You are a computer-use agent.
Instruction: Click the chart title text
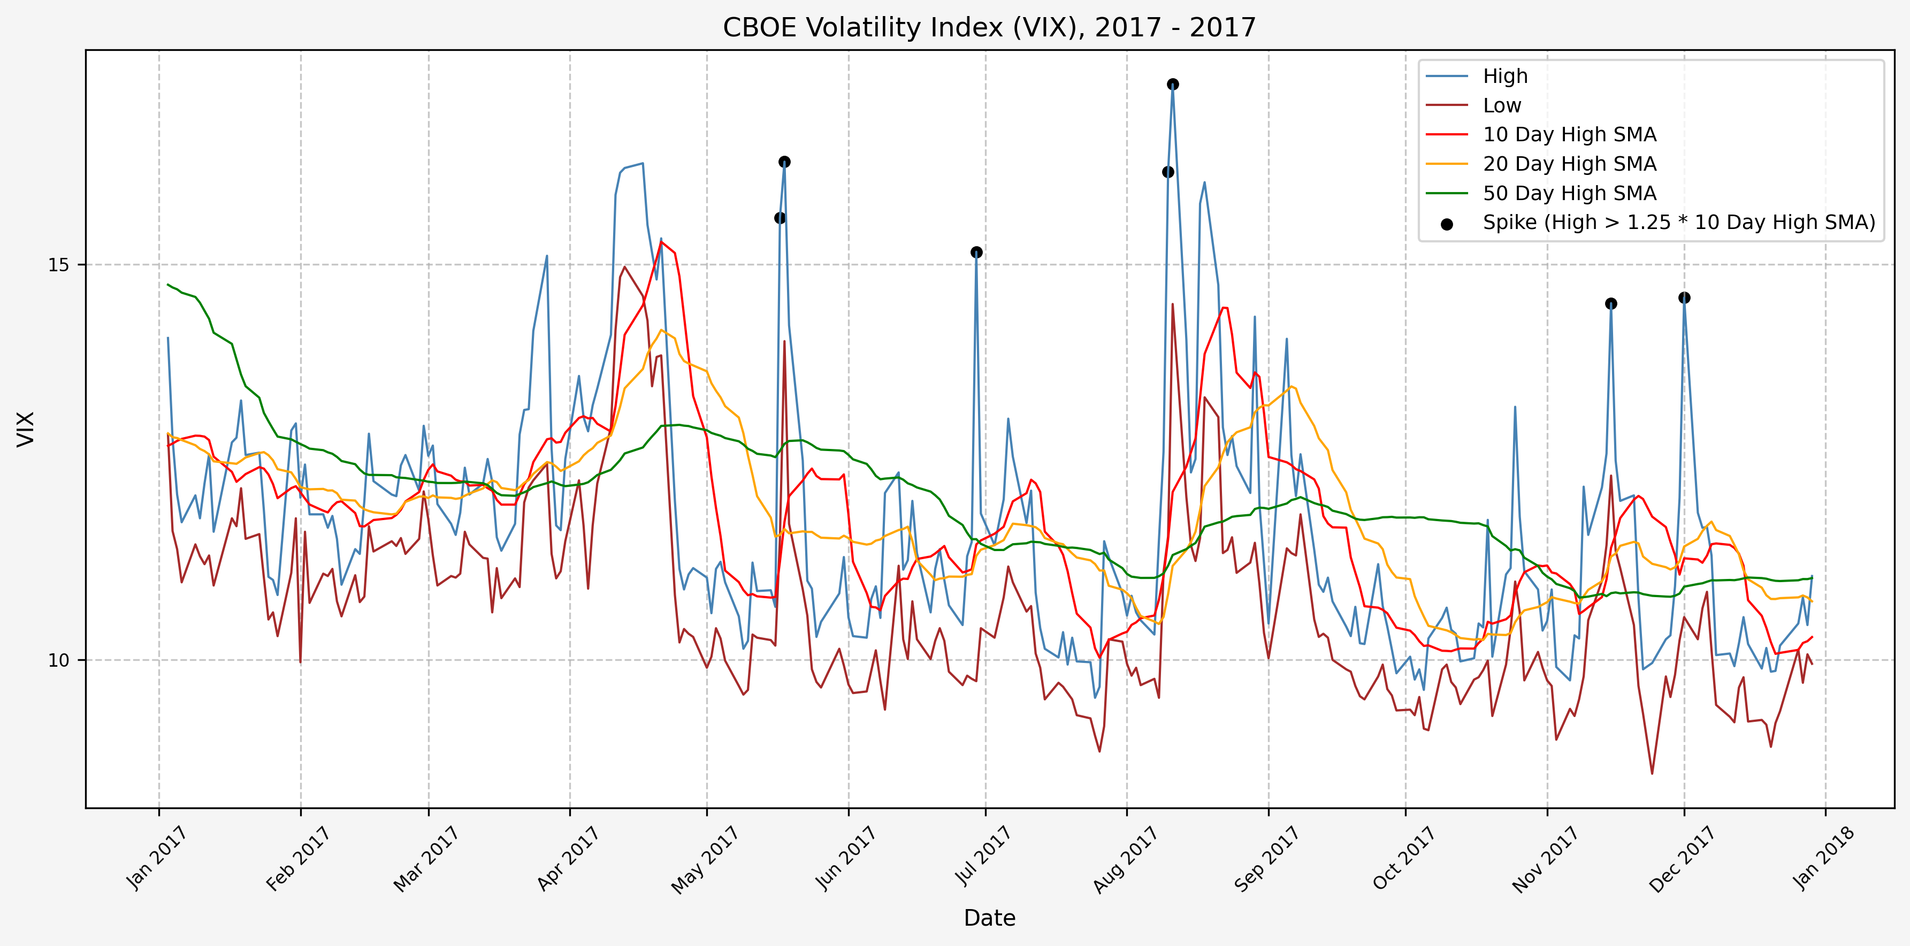(x=989, y=27)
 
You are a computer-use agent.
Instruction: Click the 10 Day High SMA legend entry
(x=1569, y=135)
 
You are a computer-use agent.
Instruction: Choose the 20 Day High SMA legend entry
(x=1569, y=164)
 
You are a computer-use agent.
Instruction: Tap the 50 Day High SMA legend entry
(x=1569, y=194)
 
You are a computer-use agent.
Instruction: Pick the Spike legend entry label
(x=1679, y=223)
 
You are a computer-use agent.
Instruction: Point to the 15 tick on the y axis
(x=58, y=265)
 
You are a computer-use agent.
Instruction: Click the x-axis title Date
(x=989, y=918)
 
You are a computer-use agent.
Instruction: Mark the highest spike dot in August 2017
(x=1172, y=85)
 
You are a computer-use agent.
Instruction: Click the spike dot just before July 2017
(x=976, y=253)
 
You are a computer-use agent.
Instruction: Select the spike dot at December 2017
(x=1685, y=298)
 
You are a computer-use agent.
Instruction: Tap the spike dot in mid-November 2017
(x=1611, y=304)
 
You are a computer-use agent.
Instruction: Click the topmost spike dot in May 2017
(x=784, y=162)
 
